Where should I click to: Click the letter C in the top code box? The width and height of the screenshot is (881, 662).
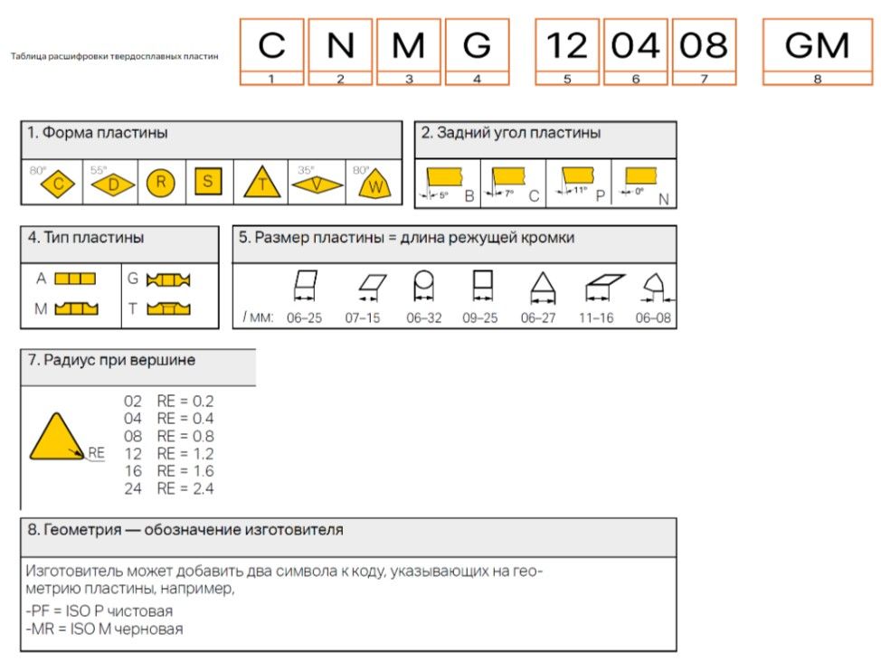click(x=271, y=45)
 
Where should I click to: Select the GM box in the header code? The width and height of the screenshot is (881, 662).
click(x=817, y=45)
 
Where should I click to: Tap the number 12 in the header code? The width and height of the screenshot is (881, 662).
click(x=566, y=45)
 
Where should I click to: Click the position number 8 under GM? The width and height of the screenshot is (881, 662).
click(x=817, y=79)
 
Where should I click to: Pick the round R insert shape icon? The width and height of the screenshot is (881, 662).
click(x=160, y=183)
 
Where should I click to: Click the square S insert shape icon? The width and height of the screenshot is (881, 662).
click(x=207, y=182)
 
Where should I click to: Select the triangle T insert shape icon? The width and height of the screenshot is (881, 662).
click(x=262, y=184)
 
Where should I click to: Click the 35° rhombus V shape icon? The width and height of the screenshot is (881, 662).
click(x=317, y=184)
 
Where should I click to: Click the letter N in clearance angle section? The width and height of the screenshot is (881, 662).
click(x=663, y=198)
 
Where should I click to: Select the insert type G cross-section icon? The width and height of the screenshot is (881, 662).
click(x=168, y=280)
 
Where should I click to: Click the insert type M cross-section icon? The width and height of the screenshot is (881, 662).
click(x=76, y=309)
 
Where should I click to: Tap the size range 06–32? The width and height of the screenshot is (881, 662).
click(x=424, y=318)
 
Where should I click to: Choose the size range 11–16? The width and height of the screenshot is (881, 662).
click(x=596, y=318)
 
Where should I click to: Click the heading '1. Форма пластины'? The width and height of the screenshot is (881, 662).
click(x=97, y=133)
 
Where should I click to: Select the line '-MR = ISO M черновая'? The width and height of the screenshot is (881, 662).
click(x=104, y=629)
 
